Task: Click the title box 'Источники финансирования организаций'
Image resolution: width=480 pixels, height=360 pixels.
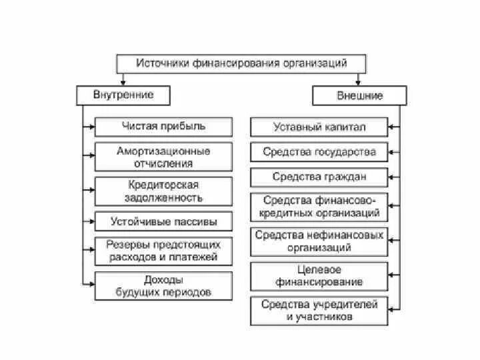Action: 241,64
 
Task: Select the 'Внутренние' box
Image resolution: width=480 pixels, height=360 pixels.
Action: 123,95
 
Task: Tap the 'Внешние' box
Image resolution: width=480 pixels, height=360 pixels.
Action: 357,96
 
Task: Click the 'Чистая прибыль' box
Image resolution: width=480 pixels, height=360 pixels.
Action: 163,126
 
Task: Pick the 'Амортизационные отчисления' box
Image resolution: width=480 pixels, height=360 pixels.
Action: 163,157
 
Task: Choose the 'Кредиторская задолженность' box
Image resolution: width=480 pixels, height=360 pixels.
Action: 163,191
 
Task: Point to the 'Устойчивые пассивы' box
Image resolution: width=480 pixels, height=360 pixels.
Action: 163,221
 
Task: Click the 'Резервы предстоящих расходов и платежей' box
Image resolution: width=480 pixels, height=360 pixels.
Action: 163,251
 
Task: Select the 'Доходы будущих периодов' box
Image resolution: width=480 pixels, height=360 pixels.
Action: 163,286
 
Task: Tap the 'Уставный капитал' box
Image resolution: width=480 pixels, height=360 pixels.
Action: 319,127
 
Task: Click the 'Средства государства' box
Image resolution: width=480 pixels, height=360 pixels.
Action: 319,152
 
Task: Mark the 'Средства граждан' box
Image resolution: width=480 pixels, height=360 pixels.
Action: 319,177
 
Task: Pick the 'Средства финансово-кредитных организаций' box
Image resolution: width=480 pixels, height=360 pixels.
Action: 319,207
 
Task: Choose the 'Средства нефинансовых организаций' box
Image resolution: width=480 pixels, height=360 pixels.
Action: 319,241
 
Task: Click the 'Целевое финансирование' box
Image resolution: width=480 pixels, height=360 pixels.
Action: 319,276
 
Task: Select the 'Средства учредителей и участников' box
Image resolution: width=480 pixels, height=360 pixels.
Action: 319,311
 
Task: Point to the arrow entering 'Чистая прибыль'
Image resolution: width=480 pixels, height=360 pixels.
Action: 90,127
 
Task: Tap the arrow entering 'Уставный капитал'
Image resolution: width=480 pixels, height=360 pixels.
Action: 394,127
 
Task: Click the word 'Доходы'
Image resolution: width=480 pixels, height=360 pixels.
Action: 163,280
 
